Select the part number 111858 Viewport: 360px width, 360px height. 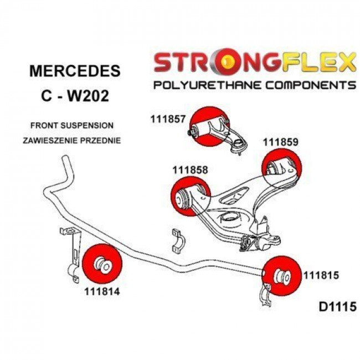[190, 171]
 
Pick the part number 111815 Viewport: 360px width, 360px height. [321, 274]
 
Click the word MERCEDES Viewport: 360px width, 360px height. [74, 71]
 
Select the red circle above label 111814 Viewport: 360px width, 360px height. [101, 263]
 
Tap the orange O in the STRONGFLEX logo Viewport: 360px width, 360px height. [225, 63]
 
